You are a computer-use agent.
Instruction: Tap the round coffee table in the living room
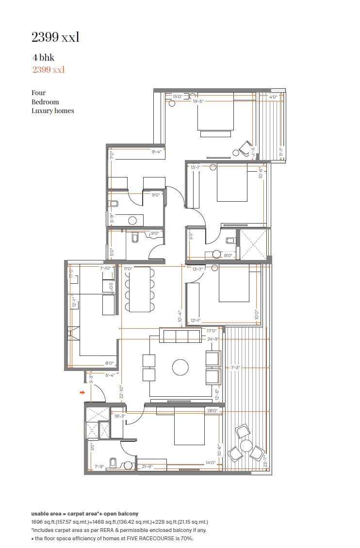[x=180, y=367]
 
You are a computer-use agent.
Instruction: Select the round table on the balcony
[x=246, y=446]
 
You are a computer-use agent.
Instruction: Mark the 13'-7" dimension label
[x=198, y=269]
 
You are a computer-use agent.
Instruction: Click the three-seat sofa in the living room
[x=180, y=335]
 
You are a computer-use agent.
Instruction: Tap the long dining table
[x=139, y=289]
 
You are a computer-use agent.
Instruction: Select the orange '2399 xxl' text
[x=49, y=70]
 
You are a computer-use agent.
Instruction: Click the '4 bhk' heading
[x=43, y=58]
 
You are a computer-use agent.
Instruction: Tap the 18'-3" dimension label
[x=120, y=416]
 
